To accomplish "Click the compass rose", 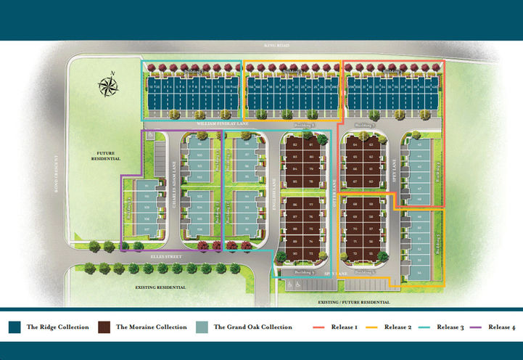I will pos(108,86).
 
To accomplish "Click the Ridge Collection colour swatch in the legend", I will pos(15,327).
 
